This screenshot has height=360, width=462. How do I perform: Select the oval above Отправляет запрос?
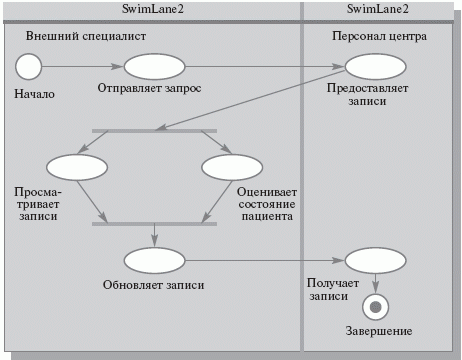point(151,67)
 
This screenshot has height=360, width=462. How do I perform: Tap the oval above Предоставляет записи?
point(373,67)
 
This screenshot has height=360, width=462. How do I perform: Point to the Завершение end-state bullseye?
point(376,305)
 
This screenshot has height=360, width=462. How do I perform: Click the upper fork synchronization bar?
point(154,130)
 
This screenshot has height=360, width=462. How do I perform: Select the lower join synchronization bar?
point(154,223)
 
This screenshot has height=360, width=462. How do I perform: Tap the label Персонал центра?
point(379,35)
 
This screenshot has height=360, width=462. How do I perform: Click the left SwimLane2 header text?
point(152,9)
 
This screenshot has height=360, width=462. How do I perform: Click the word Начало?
point(34,95)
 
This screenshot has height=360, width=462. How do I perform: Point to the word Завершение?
point(379,331)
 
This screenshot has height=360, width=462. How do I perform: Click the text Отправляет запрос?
point(150,88)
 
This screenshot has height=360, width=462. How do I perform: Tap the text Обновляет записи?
point(154,284)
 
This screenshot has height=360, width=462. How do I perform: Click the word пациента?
point(266,216)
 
